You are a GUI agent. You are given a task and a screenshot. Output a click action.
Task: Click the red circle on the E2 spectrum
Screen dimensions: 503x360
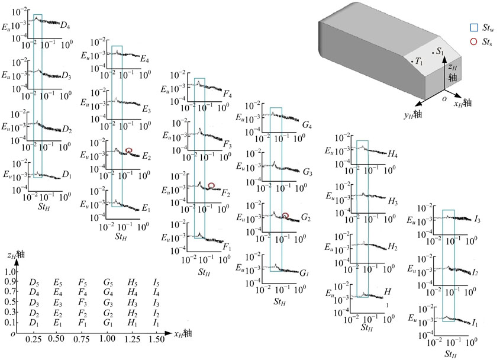(x=128, y=150)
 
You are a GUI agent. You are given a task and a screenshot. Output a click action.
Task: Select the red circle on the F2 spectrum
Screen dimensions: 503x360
(x=211, y=185)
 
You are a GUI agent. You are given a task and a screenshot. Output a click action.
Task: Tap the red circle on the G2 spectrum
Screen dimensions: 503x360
(x=285, y=216)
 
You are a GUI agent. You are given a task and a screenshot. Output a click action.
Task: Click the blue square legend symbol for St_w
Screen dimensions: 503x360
(x=474, y=28)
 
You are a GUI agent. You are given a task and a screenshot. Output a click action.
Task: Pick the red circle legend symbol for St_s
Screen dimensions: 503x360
(x=473, y=41)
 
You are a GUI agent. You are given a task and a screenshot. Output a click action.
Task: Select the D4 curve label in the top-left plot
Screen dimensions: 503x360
(x=65, y=25)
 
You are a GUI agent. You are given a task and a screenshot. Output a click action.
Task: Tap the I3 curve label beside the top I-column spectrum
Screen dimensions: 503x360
(x=478, y=220)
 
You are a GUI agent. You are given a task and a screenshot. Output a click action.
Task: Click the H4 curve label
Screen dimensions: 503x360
(x=393, y=155)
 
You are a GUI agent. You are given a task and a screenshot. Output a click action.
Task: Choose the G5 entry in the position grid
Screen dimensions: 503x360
(x=108, y=282)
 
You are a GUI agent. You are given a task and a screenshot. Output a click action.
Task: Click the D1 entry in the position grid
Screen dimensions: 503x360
(x=34, y=323)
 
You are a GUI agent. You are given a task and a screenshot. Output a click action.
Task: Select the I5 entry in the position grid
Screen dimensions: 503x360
(x=156, y=282)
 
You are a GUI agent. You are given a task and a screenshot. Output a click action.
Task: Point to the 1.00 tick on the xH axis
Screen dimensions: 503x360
(x=107, y=338)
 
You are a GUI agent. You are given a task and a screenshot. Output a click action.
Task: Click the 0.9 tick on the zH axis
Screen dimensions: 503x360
(x=10, y=281)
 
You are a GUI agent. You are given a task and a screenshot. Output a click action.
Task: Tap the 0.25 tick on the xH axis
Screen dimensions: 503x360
(x=33, y=339)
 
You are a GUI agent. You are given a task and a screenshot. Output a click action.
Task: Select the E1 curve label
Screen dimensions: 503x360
(x=146, y=208)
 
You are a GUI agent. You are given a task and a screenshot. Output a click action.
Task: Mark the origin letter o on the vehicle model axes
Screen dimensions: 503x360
(x=444, y=98)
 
